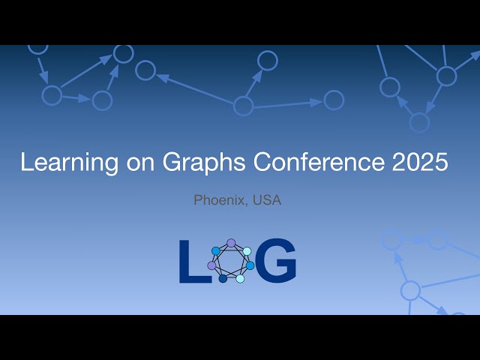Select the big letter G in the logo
click(276, 261)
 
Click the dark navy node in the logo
click(223, 279)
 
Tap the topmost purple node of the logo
click(231, 243)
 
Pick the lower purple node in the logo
click(211, 265)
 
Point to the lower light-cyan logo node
click(240, 279)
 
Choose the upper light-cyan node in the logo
click(247, 251)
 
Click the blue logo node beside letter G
click(250, 265)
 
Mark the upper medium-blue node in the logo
click(216, 250)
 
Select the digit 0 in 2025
click(410, 162)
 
